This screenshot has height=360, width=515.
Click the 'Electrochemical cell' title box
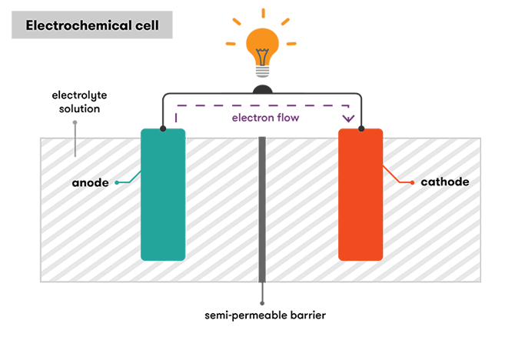91,25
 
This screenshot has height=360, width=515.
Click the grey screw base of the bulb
263,70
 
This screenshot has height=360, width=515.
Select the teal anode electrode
163,194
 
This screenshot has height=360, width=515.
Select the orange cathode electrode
360,194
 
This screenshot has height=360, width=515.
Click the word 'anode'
90,182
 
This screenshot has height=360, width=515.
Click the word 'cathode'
444,182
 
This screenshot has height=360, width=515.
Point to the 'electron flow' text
265,118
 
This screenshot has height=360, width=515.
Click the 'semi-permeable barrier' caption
264,315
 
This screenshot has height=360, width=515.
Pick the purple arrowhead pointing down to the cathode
348,118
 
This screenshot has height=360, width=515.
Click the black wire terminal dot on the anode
163,128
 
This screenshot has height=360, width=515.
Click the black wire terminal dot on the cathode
360,128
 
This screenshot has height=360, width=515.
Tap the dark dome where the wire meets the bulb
263,89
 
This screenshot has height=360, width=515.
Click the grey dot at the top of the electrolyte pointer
75,122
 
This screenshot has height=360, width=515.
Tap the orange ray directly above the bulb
263,12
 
